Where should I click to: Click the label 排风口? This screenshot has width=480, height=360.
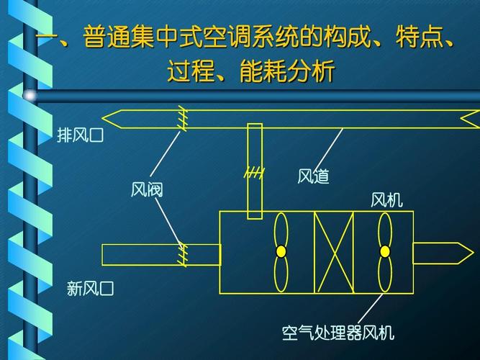tap(81, 135)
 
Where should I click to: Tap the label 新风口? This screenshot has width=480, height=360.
tap(91, 289)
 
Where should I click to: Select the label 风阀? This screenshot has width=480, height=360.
tap(147, 189)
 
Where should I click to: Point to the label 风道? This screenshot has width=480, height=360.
tap(313, 176)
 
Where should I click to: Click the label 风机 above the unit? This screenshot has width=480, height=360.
tap(386, 199)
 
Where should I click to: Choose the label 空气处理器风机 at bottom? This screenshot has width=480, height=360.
tap(338, 333)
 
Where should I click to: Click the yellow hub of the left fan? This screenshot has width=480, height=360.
tap(281, 251)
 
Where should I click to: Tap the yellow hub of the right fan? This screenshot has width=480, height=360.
tap(385, 251)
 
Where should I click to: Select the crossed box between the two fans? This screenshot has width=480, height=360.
tap(333, 252)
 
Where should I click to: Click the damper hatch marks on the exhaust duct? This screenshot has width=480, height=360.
tap(183, 118)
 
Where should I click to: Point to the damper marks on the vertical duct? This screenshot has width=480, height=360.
tap(254, 173)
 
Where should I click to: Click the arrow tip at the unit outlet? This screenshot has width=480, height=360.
tap(468, 252)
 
